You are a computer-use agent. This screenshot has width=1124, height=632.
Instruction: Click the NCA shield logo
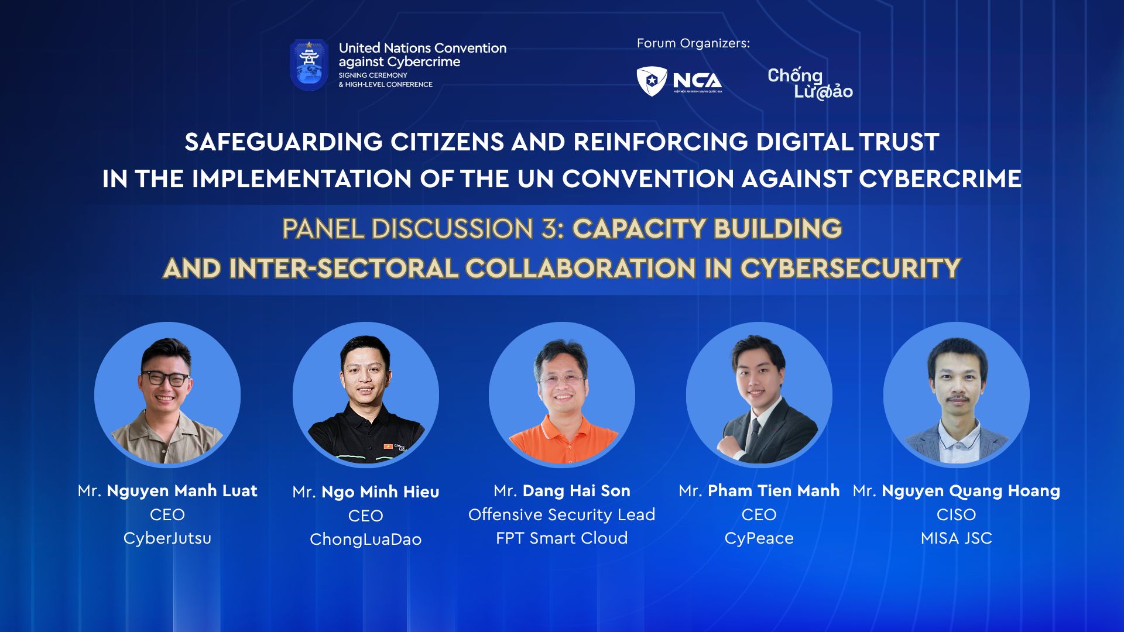click(652, 81)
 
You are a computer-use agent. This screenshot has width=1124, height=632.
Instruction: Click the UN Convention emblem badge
click(309, 65)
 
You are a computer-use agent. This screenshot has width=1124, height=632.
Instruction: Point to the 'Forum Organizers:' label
click(693, 43)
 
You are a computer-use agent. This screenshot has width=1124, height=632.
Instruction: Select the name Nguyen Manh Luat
click(182, 490)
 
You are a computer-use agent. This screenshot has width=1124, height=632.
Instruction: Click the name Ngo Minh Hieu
click(381, 492)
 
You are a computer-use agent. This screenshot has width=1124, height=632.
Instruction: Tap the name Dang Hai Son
click(577, 490)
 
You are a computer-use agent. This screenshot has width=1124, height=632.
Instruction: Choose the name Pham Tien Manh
click(774, 490)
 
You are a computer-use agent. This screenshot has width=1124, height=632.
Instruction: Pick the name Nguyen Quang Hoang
click(971, 491)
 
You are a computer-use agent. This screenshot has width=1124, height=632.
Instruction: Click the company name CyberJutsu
click(167, 538)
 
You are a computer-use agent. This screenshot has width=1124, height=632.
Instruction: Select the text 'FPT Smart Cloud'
click(562, 538)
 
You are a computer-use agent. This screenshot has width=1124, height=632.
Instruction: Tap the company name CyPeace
click(759, 538)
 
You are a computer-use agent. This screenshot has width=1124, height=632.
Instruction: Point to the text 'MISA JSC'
click(957, 538)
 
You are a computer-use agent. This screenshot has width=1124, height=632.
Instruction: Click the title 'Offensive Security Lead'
click(562, 514)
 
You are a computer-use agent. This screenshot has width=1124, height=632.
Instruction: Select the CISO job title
click(957, 514)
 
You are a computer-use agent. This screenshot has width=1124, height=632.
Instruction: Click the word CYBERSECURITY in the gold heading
click(851, 269)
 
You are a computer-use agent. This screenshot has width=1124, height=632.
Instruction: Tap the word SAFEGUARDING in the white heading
click(284, 142)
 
